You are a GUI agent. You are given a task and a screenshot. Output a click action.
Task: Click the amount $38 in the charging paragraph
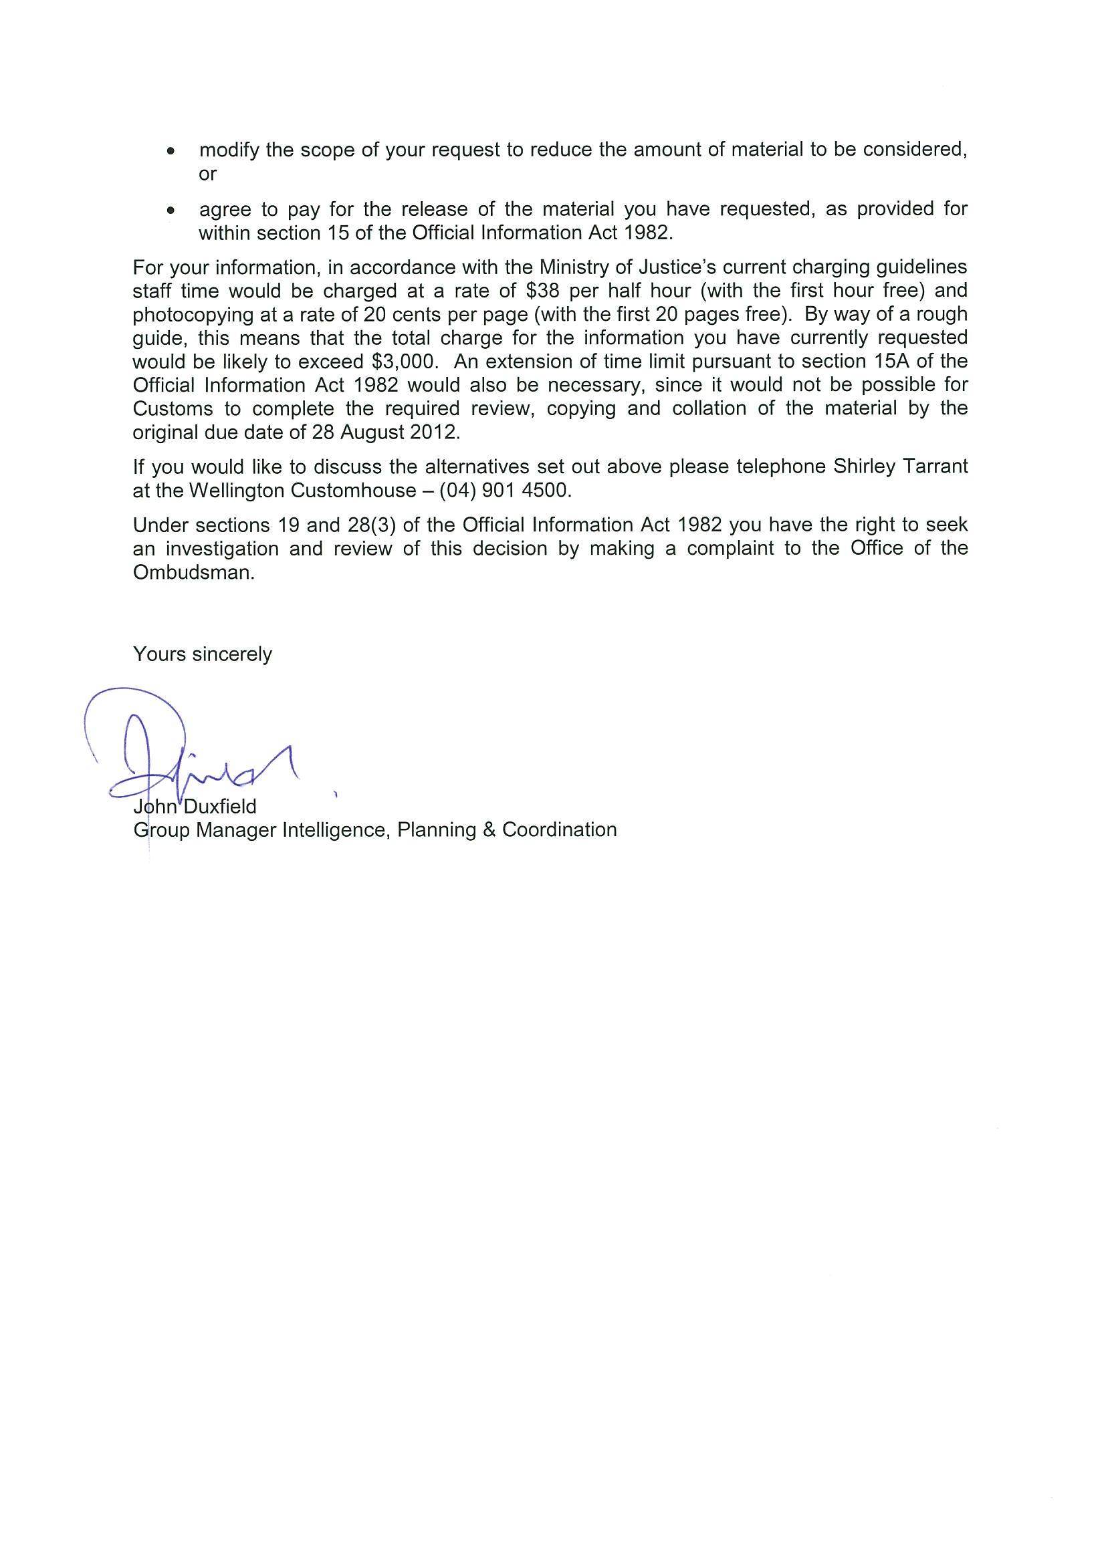543,291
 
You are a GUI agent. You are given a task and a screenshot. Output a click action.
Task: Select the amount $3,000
403,361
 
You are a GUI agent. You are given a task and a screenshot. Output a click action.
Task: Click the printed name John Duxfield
195,807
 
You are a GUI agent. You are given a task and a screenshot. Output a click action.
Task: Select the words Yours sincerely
203,654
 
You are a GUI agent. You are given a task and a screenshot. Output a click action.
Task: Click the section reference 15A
885,361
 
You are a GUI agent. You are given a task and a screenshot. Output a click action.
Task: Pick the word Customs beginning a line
173,408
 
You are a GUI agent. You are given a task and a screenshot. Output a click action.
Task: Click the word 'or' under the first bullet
207,174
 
